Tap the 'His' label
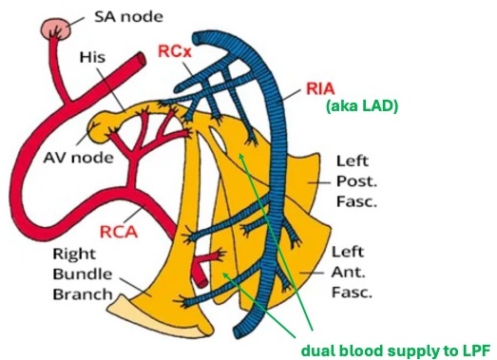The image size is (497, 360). coord(93,58)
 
